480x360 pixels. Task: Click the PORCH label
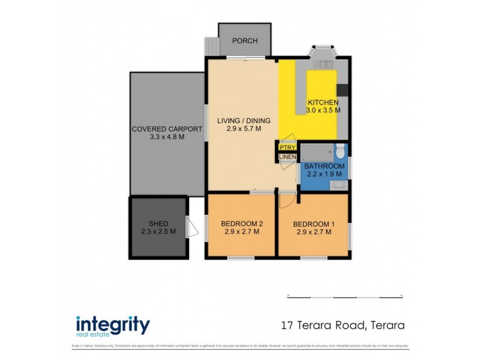pos(244,41)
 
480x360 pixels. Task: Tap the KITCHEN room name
pos(323,103)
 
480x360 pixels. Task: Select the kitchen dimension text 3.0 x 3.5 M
pos(323,110)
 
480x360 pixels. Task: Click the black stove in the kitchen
pos(342,90)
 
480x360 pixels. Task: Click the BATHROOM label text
pos(324,166)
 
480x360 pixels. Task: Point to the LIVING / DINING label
pos(244,121)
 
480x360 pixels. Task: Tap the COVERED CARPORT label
pos(158,129)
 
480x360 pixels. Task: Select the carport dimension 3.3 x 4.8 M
pos(158,137)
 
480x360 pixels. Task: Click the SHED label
pos(158,224)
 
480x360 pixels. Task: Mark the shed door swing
pos(191,227)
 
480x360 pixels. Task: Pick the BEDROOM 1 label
pos(312,225)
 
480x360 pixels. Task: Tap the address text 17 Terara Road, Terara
pos(343,326)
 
